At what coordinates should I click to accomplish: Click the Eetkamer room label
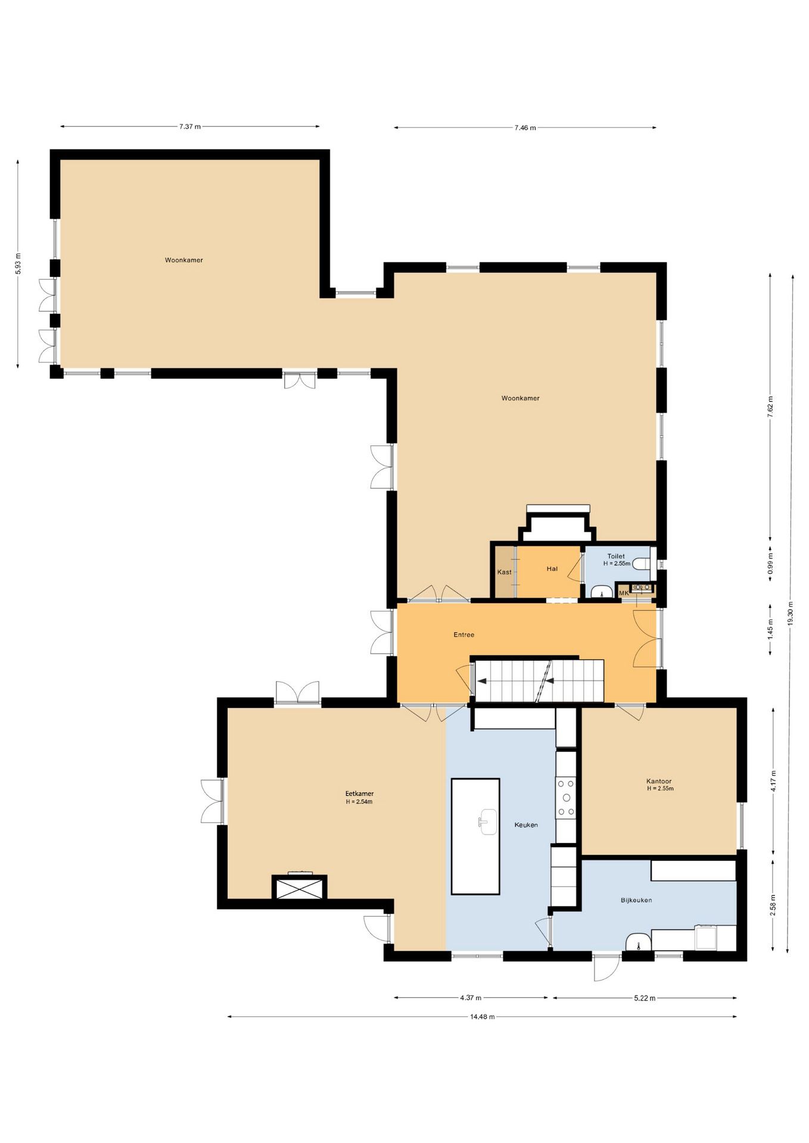[x=359, y=794]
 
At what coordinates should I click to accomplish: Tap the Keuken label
[x=526, y=825]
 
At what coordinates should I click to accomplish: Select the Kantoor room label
[x=659, y=782]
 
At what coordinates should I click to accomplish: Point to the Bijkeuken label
[x=636, y=900]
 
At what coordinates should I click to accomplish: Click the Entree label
[x=464, y=635]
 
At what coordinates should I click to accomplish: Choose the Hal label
[x=552, y=569]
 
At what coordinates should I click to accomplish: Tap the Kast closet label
[x=505, y=572]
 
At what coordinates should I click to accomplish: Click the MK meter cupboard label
[x=624, y=593]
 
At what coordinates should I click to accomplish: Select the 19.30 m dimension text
[x=791, y=613]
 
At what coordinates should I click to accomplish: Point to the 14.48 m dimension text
[x=483, y=1016]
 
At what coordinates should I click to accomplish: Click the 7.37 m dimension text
[x=190, y=126]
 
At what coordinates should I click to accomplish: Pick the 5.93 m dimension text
[x=18, y=264]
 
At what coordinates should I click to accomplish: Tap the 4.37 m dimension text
[x=471, y=997]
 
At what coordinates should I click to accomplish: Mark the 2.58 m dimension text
[x=773, y=905]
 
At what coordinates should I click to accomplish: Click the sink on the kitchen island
[x=488, y=822]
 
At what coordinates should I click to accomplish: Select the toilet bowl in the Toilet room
[x=642, y=563]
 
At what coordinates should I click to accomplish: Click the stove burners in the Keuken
[x=567, y=798]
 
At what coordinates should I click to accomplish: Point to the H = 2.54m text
[x=359, y=802]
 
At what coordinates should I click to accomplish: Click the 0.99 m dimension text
[x=770, y=563]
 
